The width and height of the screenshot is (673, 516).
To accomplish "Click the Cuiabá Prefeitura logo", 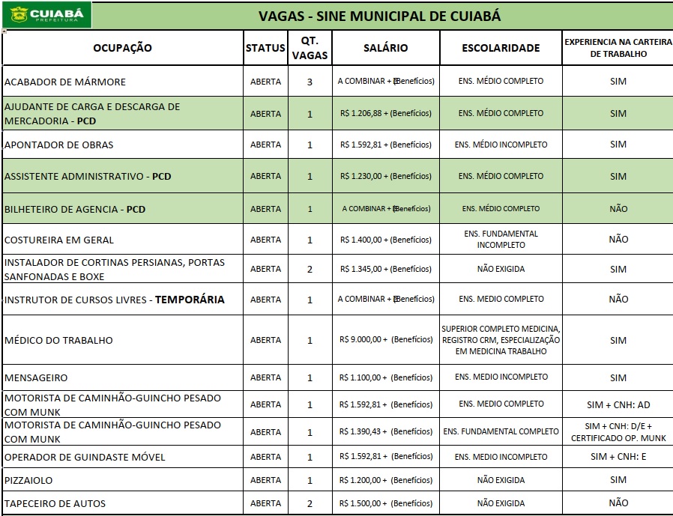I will (46, 14).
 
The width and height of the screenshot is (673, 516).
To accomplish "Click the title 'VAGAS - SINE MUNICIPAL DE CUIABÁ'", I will (379, 16).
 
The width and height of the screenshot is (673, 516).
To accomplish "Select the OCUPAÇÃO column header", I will (122, 48).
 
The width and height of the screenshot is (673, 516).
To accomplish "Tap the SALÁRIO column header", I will (385, 48).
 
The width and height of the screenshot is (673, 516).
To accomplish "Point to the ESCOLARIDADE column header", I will (501, 48).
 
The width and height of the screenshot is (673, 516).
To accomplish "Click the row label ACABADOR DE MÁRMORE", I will (65, 82).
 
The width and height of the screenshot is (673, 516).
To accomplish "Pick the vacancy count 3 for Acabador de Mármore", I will (310, 82).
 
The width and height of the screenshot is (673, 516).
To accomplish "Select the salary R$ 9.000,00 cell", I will (386, 340).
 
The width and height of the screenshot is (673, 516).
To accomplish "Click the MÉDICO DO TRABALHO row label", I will (58, 340).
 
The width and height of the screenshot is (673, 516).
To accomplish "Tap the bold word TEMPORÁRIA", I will (190, 300).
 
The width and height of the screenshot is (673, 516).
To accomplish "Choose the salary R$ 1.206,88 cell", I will (386, 114).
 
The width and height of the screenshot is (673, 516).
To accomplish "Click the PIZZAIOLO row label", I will (28, 480).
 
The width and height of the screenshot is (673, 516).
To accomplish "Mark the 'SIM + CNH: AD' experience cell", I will (618, 405).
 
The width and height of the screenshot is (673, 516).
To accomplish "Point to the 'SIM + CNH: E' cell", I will (618, 457).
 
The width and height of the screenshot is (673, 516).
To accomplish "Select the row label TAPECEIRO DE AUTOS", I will (55, 503).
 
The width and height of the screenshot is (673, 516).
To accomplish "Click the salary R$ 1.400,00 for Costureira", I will (386, 240).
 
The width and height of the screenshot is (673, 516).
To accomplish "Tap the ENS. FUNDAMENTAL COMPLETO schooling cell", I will (501, 431).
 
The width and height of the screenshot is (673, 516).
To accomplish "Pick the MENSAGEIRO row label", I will (36, 377).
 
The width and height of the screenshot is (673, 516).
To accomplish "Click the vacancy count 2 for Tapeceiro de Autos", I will (310, 503).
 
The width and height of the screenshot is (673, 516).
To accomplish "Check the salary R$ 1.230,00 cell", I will (386, 177).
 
